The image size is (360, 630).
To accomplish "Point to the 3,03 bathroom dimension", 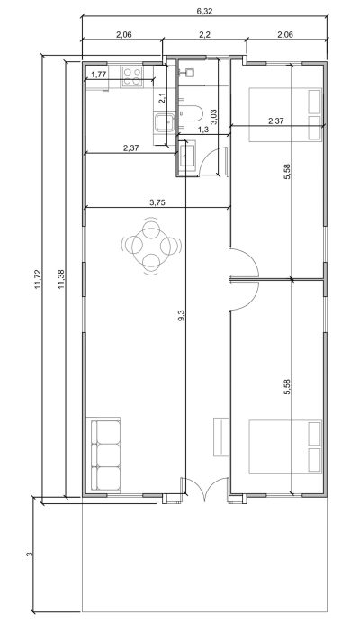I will click(213, 115).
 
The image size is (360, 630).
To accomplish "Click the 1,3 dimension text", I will click(202, 131).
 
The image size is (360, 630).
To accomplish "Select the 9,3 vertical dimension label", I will click(182, 315).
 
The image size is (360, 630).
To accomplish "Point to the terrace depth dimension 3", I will click(30, 555).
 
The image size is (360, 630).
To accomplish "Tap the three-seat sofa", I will click(105, 454).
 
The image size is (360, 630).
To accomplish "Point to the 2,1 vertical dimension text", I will click(161, 100).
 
